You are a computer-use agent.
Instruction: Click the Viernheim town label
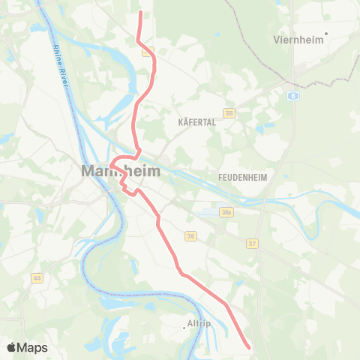(298, 39)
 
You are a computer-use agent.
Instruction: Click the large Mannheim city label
(121, 172)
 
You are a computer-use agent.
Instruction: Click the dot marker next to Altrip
(184, 328)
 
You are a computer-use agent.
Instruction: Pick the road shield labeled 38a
(227, 212)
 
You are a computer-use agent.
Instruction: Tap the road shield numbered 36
(191, 235)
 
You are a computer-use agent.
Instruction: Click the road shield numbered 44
(36, 278)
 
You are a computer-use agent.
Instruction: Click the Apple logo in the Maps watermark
(11, 347)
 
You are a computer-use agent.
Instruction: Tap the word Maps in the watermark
(32, 347)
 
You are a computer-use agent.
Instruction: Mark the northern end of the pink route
(141, 13)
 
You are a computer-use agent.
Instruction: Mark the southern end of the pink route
(249, 347)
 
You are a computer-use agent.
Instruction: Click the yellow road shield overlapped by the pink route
(150, 50)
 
